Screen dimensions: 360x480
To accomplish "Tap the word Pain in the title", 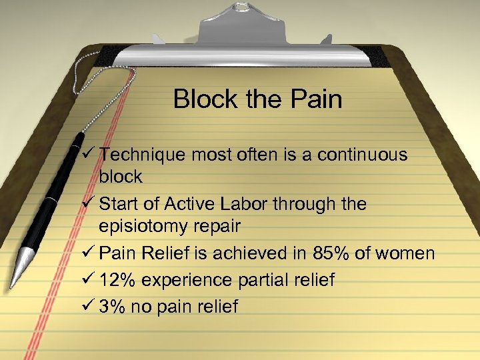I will tap(317, 100).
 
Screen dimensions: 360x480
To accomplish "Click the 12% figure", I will tap(116, 280).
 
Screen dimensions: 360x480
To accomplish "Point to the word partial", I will tap(258, 280).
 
